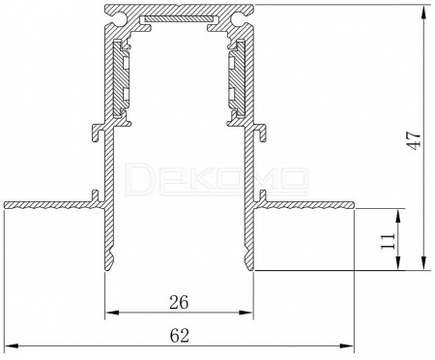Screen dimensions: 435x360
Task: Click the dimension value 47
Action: pyautogui.click(x=414, y=140)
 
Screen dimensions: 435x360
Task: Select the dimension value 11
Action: pyautogui.click(x=388, y=241)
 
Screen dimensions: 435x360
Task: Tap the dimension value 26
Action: pyautogui.click(x=179, y=302)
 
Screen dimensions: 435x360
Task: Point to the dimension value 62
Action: pyautogui.click(x=179, y=336)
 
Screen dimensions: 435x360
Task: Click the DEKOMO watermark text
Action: pyautogui.click(x=217, y=179)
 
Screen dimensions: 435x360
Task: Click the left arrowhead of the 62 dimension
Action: pyautogui.click(x=11, y=345)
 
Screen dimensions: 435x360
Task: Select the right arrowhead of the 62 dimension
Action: pyautogui.click(x=347, y=345)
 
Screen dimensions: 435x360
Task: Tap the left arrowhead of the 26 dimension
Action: pyautogui.click(x=112, y=313)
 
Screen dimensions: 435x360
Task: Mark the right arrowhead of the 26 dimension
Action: pyautogui.click(x=246, y=313)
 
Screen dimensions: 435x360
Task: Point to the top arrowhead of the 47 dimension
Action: pyautogui.click(x=424, y=12)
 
